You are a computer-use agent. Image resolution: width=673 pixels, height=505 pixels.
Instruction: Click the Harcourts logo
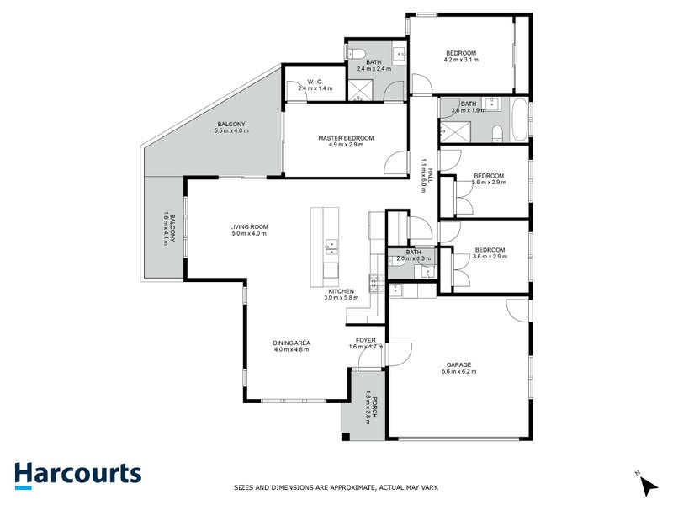click(x=77, y=474)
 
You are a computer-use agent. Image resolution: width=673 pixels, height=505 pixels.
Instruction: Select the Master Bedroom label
click(x=345, y=138)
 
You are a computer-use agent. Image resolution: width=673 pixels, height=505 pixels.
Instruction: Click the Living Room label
click(x=248, y=226)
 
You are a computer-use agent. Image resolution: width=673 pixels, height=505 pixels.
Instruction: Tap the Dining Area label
click(x=291, y=343)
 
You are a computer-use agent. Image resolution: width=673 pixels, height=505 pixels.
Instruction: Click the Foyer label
click(x=366, y=341)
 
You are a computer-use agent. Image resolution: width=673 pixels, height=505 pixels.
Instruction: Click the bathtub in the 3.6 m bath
click(x=519, y=121)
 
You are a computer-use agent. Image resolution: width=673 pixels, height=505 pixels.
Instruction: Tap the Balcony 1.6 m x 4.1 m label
click(x=169, y=227)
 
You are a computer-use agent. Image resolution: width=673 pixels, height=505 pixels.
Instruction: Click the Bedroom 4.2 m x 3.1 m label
click(x=461, y=54)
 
